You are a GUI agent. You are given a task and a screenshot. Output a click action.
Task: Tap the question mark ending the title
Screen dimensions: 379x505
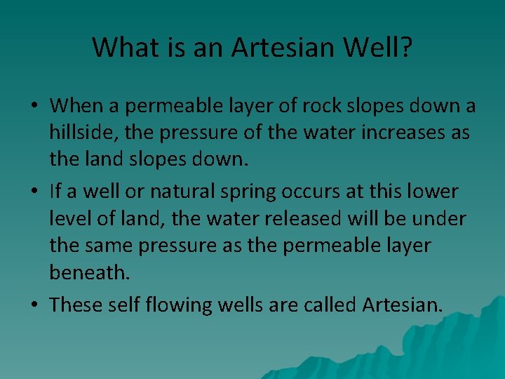coord(406,48)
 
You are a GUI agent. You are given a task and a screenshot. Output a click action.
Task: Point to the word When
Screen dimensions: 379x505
coord(76,106)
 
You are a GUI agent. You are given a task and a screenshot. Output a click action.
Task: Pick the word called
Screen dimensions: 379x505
coord(329,305)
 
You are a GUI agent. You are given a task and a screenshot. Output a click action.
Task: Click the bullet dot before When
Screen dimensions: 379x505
coord(34,107)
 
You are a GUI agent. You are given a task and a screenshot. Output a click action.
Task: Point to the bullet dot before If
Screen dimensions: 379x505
coord(34,192)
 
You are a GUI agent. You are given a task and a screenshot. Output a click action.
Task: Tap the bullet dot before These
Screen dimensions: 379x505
coord(34,305)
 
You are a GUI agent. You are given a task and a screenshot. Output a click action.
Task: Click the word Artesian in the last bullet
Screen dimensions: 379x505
coord(403,305)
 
